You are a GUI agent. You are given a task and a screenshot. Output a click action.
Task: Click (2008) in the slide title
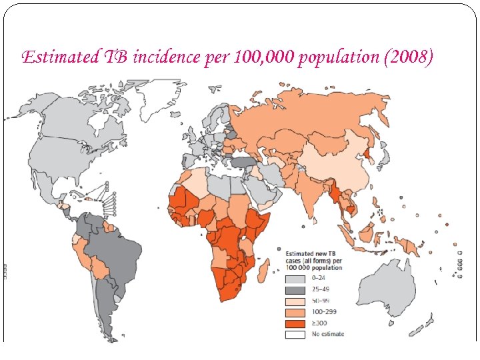pyautogui.click(x=408, y=57)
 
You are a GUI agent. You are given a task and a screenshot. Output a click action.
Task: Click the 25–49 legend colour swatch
pyautogui.click(x=295, y=289)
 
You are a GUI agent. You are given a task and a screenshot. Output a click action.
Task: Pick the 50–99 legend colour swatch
pyautogui.click(x=295, y=301)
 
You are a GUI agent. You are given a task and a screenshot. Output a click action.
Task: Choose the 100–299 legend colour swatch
pyautogui.click(x=295, y=312)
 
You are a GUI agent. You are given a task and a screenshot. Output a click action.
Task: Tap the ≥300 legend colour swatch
pyautogui.click(x=295, y=323)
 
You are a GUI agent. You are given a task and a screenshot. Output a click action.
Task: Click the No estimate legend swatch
pyautogui.click(x=295, y=334)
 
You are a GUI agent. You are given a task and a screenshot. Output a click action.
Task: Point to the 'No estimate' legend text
pyautogui.click(x=328, y=334)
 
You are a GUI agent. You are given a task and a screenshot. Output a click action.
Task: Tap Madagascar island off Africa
pyautogui.click(x=264, y=270)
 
